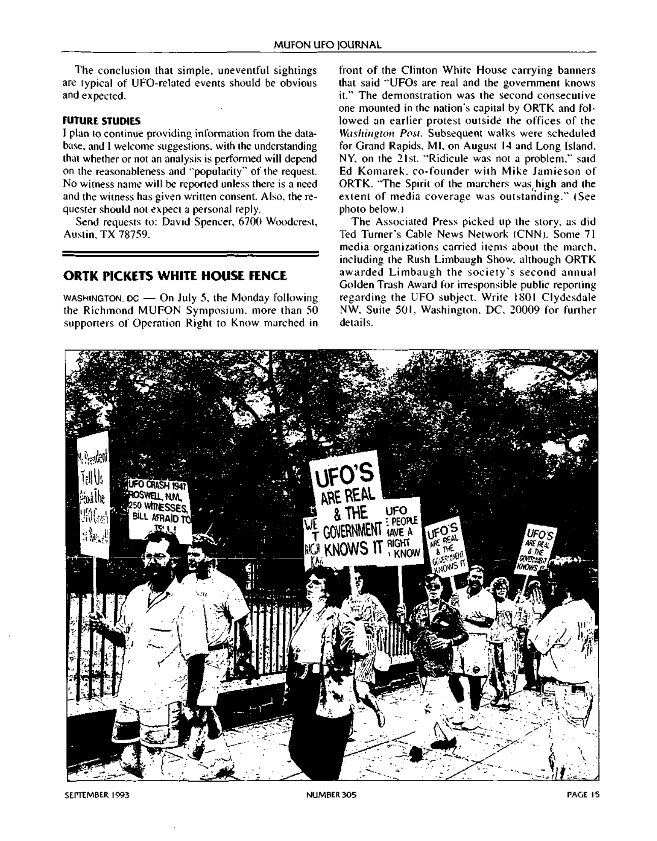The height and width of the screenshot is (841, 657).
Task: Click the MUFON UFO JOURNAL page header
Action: pos(328,45)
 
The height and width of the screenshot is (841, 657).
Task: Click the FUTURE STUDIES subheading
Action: pos(101,121)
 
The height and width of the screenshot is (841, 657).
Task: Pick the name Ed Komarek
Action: pos(372,171)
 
